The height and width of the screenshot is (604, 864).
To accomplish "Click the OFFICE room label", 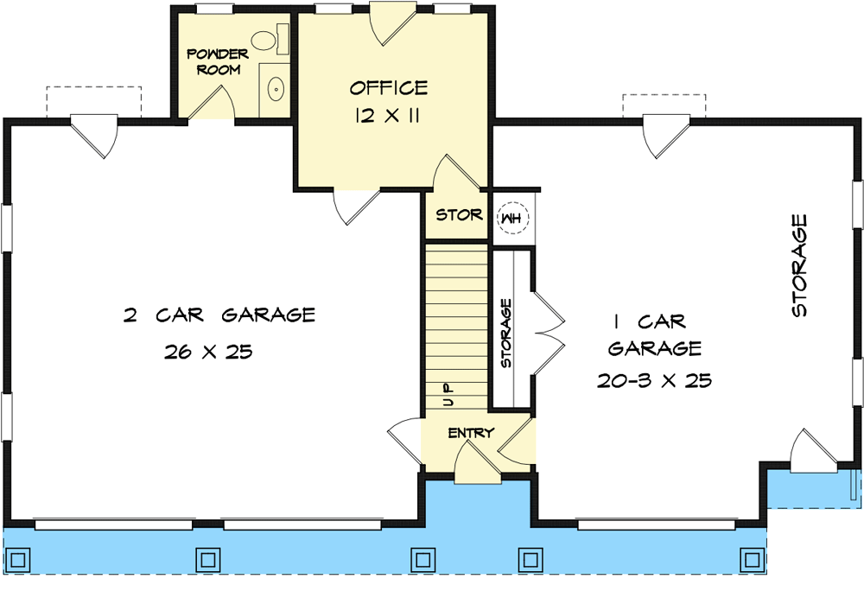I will point(388,88).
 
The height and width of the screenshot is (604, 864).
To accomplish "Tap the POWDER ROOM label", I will point(218,61).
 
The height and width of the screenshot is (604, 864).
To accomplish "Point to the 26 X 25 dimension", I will point(206,353).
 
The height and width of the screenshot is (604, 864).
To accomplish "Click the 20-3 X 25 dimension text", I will point(654,381).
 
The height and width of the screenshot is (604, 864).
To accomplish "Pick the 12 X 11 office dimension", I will point(387,116).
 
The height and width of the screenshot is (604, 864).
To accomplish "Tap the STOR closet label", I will point(458,215).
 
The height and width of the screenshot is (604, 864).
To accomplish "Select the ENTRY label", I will point(470,433).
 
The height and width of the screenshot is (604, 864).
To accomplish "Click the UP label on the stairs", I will point(448,396).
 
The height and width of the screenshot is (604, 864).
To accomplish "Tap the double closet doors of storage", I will point(548,327).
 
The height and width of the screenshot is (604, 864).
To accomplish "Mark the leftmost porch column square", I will point(19,557).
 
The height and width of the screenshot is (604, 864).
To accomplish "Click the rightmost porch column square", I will point(753,557).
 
